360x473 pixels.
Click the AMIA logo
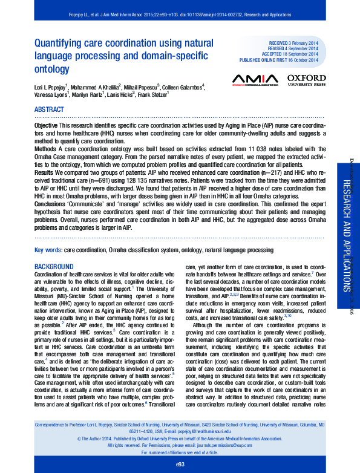tap(255, 79)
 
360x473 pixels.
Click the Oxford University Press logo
tap(306, 79)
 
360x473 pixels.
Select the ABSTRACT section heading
tap(49, 109)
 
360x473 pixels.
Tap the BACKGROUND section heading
tap(54, 267)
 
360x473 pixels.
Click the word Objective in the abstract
tap(47, 123)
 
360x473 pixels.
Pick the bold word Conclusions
tap(51, 204)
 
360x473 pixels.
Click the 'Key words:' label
tap(48, 249)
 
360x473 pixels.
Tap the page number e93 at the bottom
tap(180, 464)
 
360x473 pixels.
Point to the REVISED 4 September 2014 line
tap(295, 50)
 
